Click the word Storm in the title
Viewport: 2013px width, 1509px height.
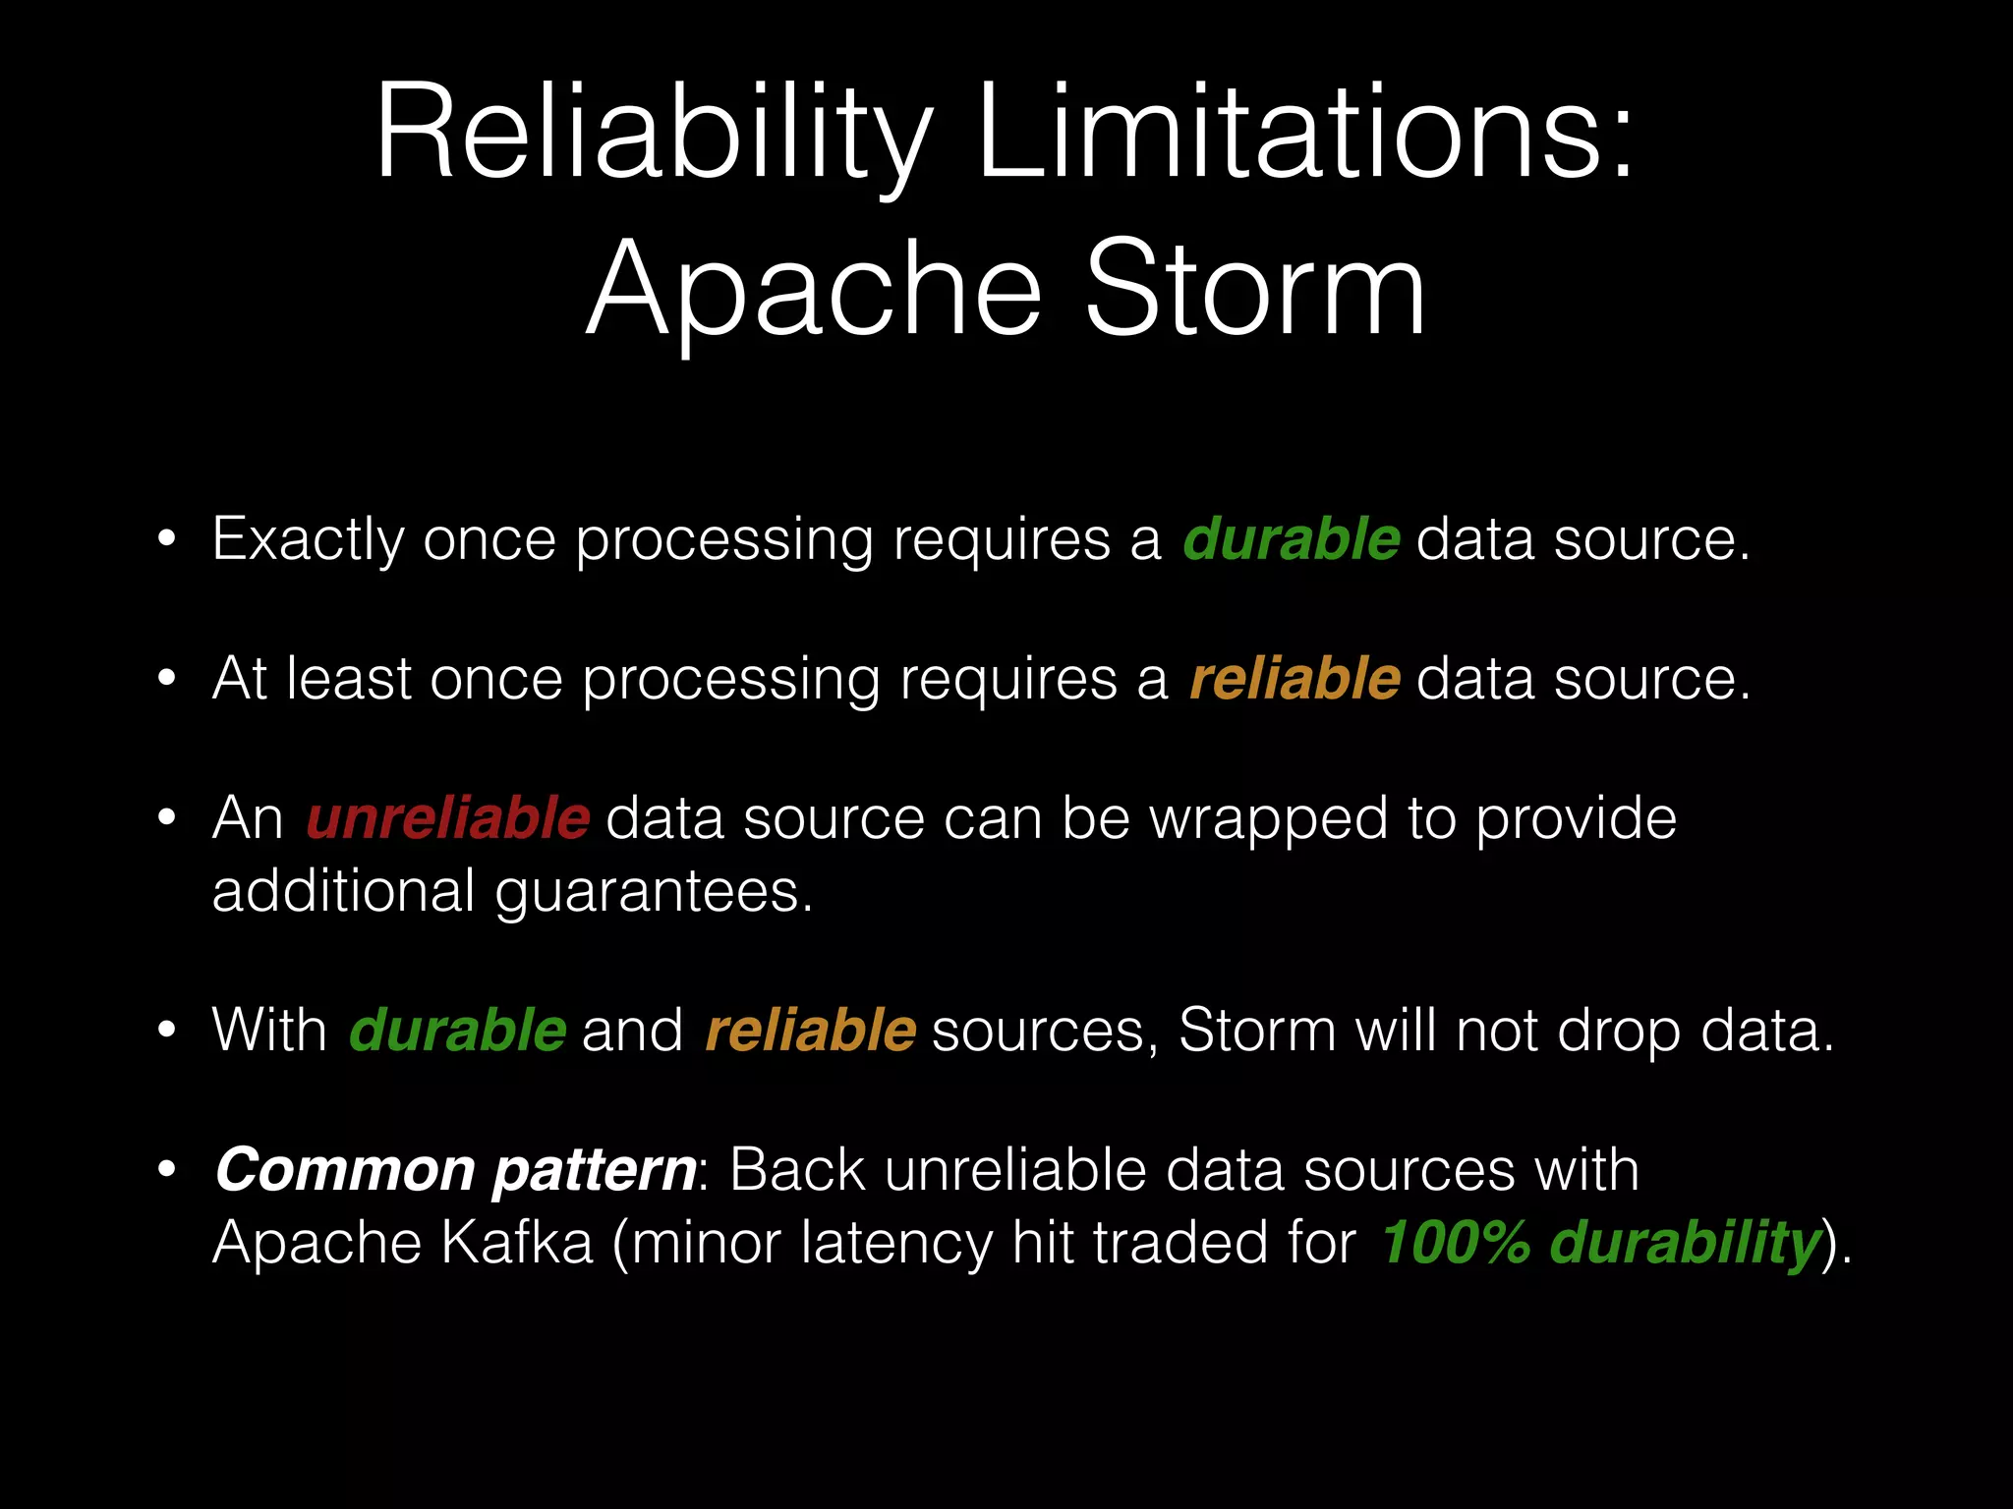1254,290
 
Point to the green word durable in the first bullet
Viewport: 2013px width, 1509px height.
1291,539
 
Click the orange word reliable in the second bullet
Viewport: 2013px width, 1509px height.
1294,679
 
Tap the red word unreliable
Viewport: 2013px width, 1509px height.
447,818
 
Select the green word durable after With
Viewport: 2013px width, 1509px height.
457,1031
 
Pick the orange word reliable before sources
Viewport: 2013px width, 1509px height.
811,1031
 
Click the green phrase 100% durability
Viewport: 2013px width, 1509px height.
1601,1243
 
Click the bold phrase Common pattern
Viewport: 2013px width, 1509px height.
455,1170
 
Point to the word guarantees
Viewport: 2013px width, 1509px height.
654,892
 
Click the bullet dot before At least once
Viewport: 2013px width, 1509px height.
167,679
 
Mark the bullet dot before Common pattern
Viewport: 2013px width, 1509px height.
167,1170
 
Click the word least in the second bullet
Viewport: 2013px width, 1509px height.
349,679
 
